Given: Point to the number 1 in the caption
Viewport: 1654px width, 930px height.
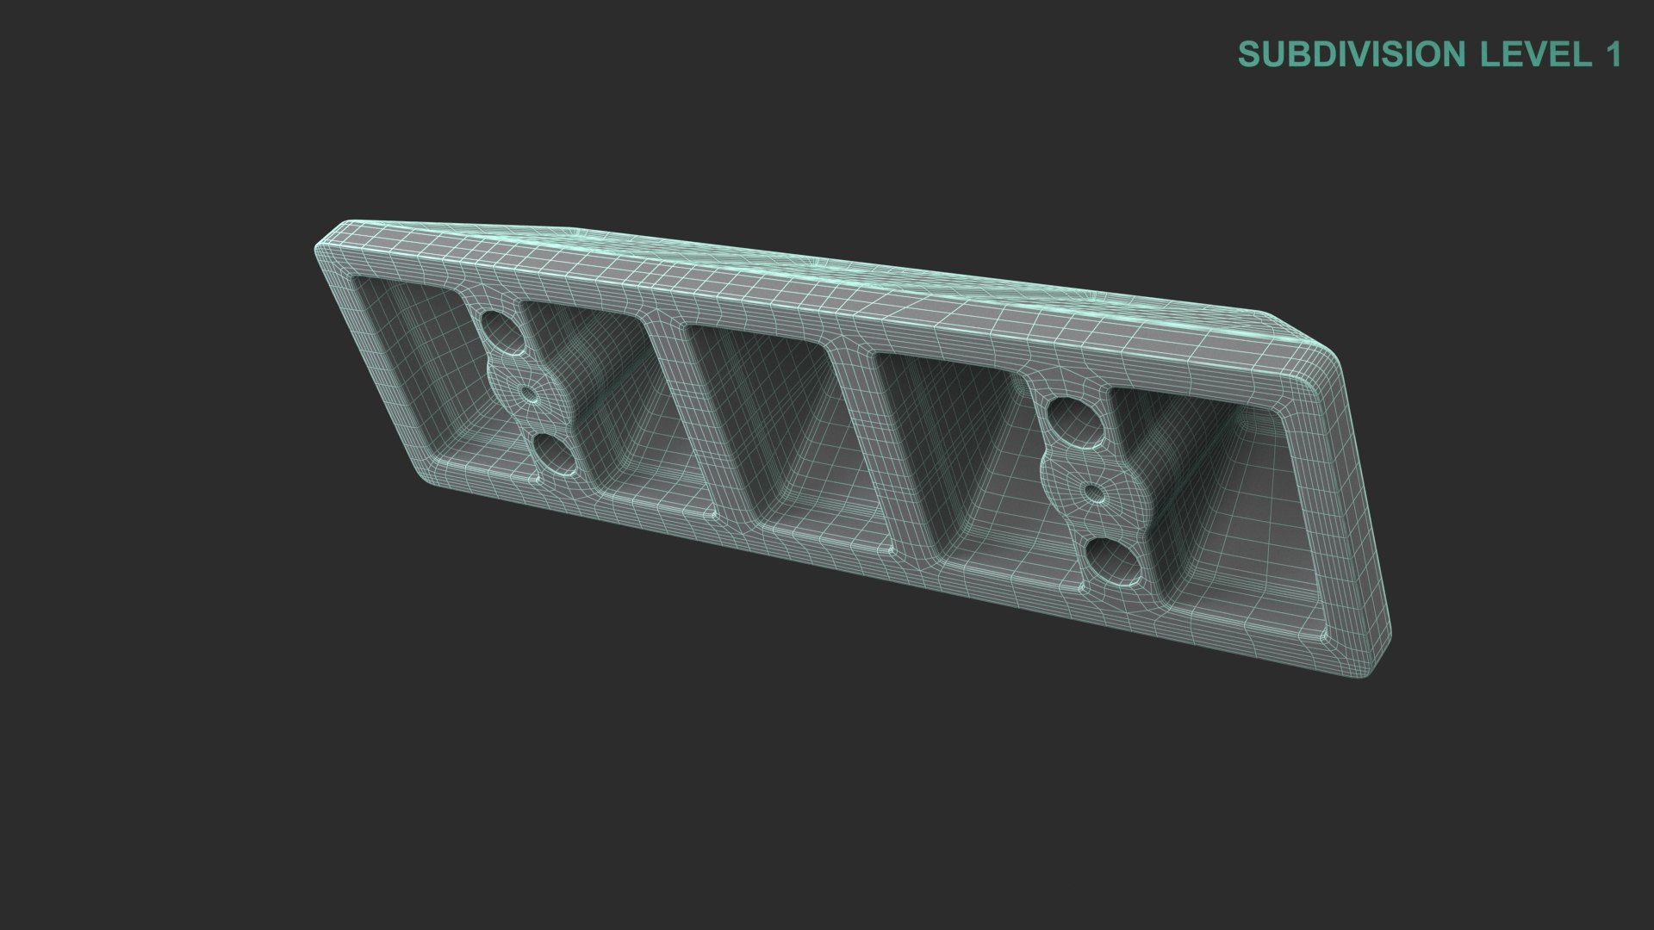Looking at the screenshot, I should pyautogui.click(x=1612, y=54).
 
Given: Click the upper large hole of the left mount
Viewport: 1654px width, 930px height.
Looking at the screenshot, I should pyautogui.click(x=498, y=332).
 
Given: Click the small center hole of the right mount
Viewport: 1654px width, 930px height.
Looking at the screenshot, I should pyautogui.click(x=1092, y=493).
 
